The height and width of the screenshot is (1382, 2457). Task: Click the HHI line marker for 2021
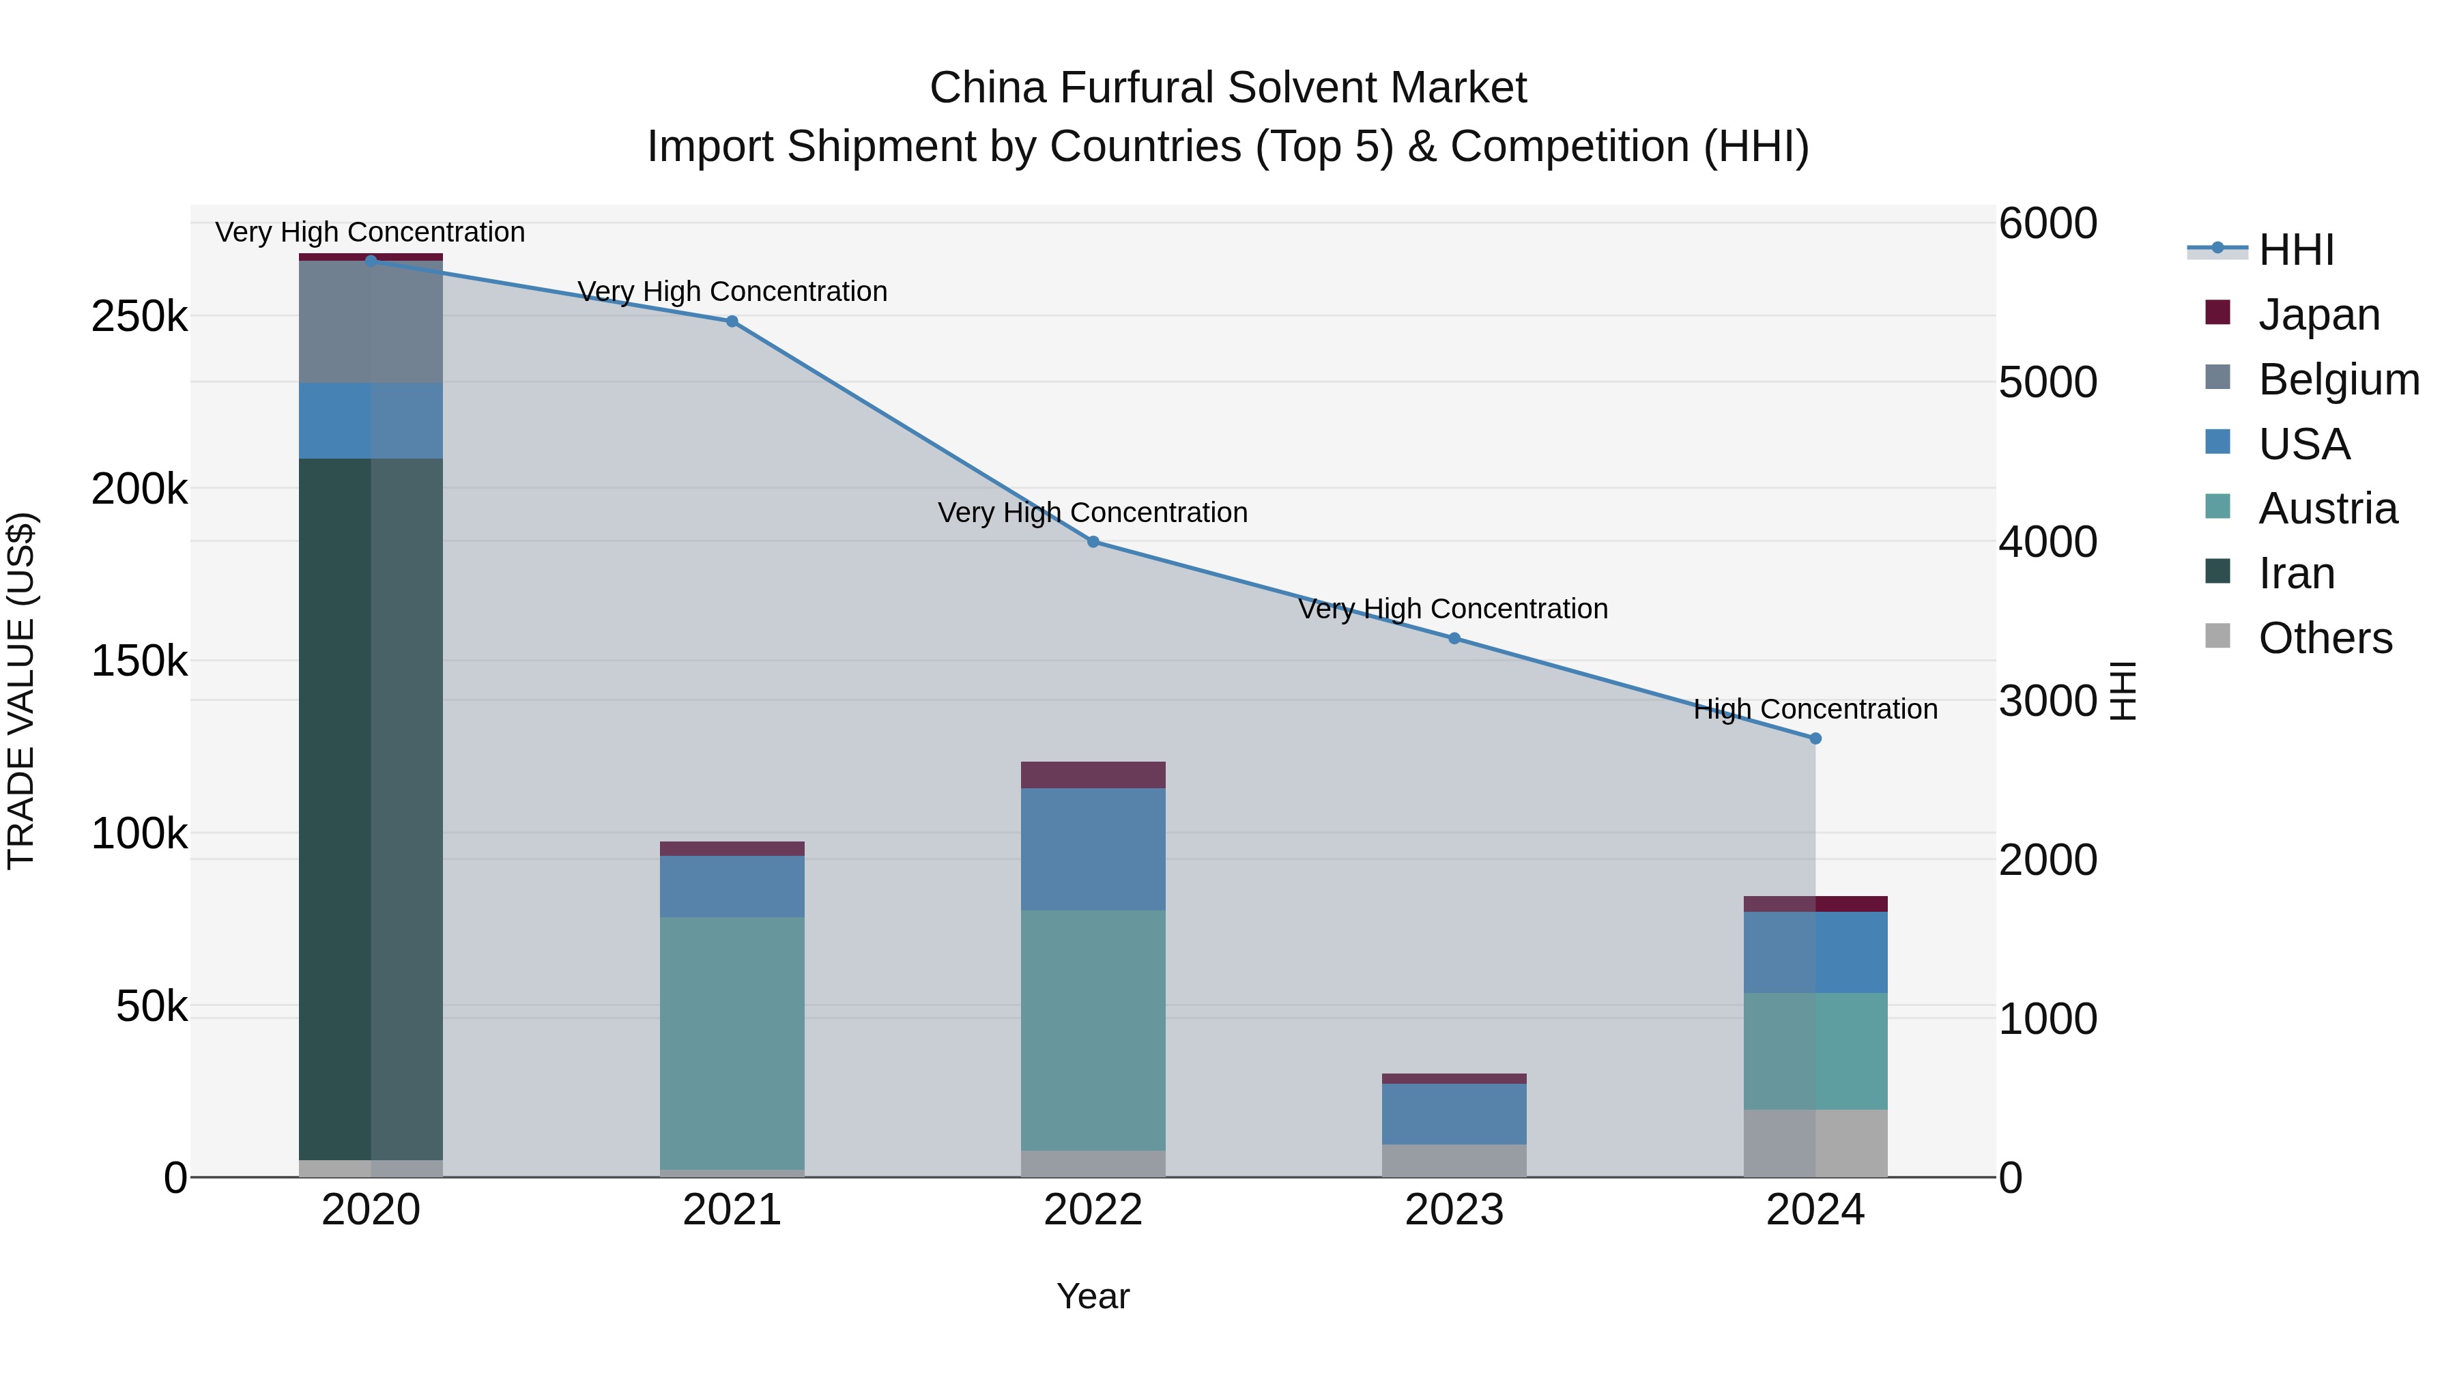732,321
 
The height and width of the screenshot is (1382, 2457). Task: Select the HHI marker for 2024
1815,738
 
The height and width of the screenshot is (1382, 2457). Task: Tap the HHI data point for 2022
1093,542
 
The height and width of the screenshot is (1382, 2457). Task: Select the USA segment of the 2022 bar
1093,849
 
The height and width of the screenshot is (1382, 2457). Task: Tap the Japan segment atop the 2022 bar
1093,775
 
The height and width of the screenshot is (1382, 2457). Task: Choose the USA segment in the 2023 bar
1454,1113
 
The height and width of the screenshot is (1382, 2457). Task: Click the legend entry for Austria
2327,508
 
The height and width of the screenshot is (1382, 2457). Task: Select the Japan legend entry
2318,315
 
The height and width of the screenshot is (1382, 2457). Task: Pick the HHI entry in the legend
2295,250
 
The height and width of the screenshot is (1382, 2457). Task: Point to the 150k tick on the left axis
139,661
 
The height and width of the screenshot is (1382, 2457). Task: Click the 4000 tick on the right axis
2047,542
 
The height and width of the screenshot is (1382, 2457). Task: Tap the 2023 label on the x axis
1454,1210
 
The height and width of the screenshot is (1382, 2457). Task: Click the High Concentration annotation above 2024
1815,710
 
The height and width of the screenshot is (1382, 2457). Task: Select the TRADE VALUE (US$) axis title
22,691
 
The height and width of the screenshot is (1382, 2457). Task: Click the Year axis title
1093,1296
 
